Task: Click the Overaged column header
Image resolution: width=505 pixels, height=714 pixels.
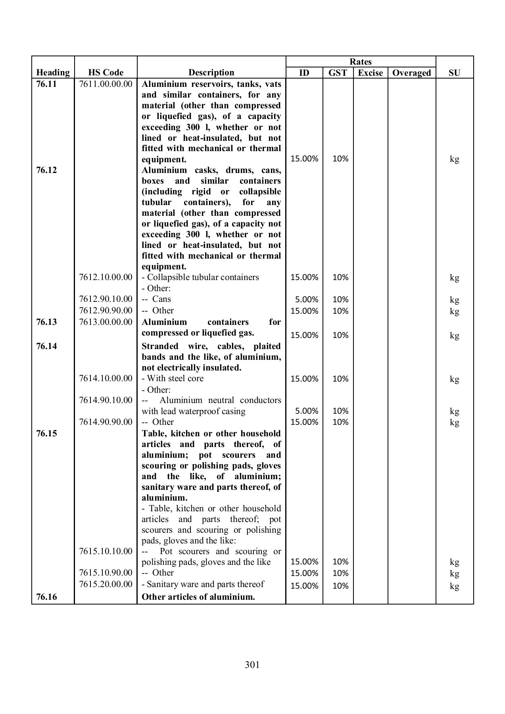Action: (411, 73)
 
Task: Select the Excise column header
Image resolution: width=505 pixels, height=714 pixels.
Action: (370, 73)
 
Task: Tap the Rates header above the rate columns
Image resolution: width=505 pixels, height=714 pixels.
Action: (361, 62)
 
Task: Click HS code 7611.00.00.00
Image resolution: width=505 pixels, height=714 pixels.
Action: (106, 84)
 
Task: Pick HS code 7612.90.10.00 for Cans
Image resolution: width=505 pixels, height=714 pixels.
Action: (106, 299)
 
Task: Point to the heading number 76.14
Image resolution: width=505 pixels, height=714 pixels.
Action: (46, 346)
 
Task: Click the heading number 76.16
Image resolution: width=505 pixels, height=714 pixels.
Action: (46, 597)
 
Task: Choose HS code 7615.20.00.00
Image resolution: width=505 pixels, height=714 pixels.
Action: (106, 584)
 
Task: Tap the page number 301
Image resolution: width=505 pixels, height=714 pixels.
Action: (252, 664)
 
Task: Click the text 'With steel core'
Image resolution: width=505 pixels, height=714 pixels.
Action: (175, 378)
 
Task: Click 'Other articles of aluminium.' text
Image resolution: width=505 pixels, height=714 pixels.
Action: (198, 597)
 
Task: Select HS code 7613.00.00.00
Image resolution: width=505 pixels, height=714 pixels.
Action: (106, 322)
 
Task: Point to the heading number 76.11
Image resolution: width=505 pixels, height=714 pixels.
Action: (46, 84)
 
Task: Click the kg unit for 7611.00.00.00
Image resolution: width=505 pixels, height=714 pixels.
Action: (454, 159)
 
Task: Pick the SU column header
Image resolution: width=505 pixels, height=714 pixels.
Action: (454, 73)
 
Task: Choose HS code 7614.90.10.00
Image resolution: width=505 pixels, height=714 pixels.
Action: (106, 400)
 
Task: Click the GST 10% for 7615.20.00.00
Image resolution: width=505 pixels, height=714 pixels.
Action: (340, 586)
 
